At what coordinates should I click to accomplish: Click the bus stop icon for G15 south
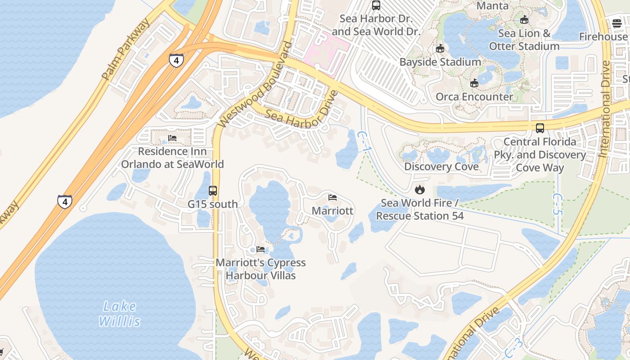point(213,191)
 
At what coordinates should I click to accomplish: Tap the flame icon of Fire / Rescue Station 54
point(420,189)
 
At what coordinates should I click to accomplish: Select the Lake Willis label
point(119,314)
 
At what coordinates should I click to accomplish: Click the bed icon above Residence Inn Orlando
point(172,138)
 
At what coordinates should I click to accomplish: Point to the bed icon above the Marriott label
point(333,198)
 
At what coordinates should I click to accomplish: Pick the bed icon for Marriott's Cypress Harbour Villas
point(261,249)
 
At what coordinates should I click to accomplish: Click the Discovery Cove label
point(441,167)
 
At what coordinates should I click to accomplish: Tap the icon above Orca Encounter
point(474,83)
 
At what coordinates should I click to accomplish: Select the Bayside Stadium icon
point(440,49)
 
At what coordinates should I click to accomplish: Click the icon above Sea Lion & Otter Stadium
point(524,20)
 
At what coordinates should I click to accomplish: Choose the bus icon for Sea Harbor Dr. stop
point(376,5)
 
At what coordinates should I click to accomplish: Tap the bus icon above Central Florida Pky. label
point(540,128)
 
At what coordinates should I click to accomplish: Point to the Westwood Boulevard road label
point(255,85)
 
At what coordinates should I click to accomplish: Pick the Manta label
point(492,6)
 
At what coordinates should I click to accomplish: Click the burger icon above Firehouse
point(616,23)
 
